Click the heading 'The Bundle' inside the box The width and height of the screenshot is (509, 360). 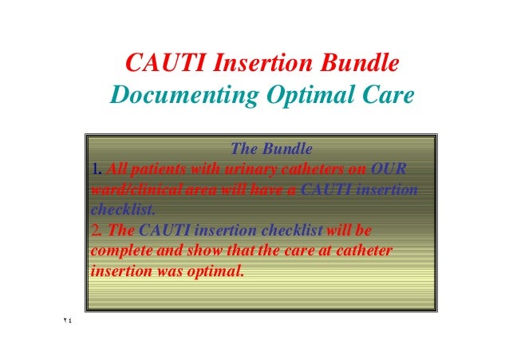pyautogui.click(x=271, y=148)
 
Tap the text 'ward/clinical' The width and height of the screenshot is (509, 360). pyautogui.click(x=133, y=190)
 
